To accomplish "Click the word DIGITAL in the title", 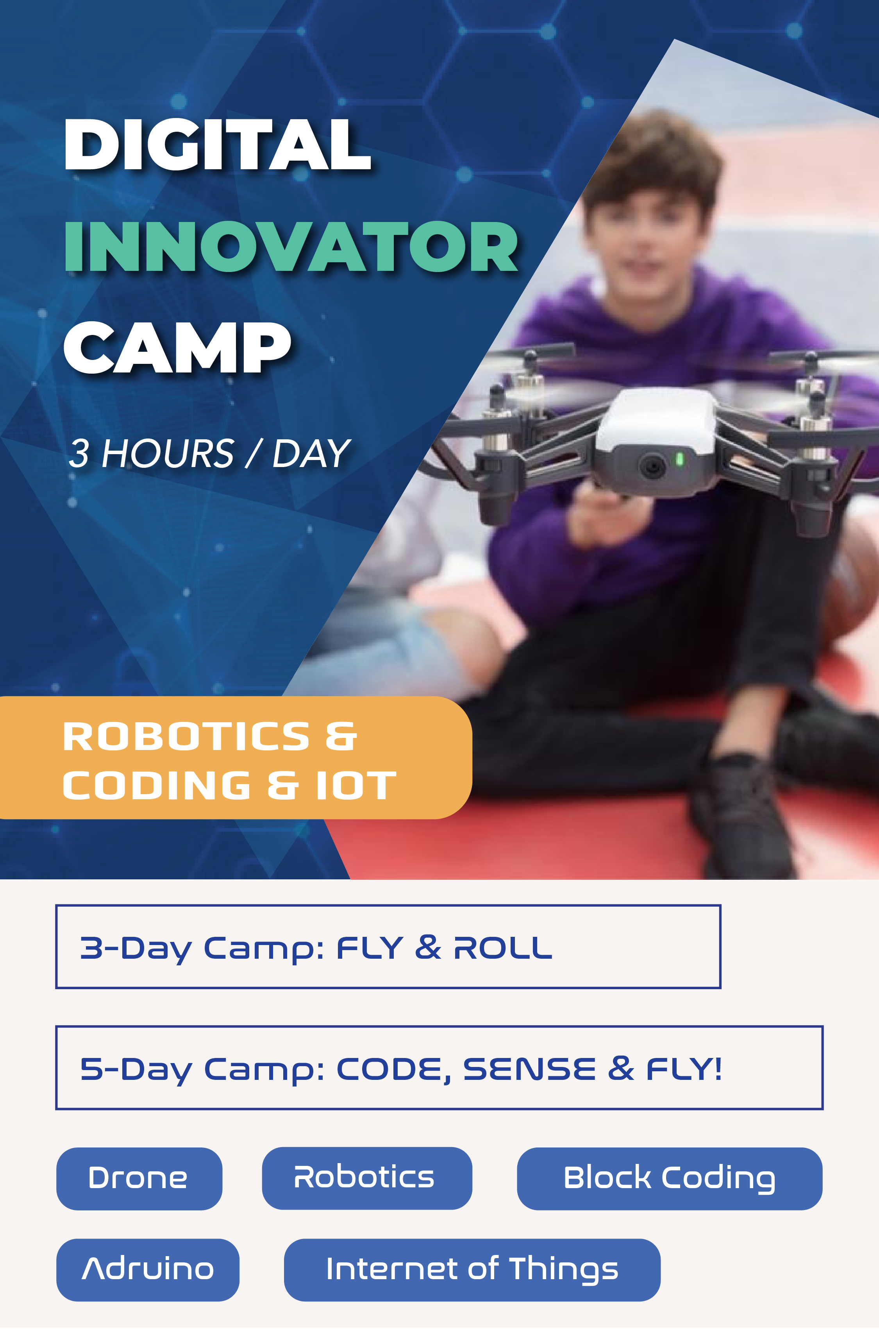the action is tap(218, 144).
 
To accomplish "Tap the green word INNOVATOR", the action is tap(291, 246).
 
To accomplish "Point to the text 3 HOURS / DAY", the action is tap(209, 453).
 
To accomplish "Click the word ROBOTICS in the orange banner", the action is tap(186, 736).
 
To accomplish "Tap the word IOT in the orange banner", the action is tap(356, 785).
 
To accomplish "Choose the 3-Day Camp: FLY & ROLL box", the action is tap(388, 947).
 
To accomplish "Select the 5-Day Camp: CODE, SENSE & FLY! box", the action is tap(439, 1068).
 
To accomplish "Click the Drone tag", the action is tap(139, 1179).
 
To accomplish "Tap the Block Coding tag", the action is tap(669, 1179).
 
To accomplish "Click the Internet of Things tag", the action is tap(472, 1270).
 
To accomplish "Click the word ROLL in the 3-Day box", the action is tap(503, 948).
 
